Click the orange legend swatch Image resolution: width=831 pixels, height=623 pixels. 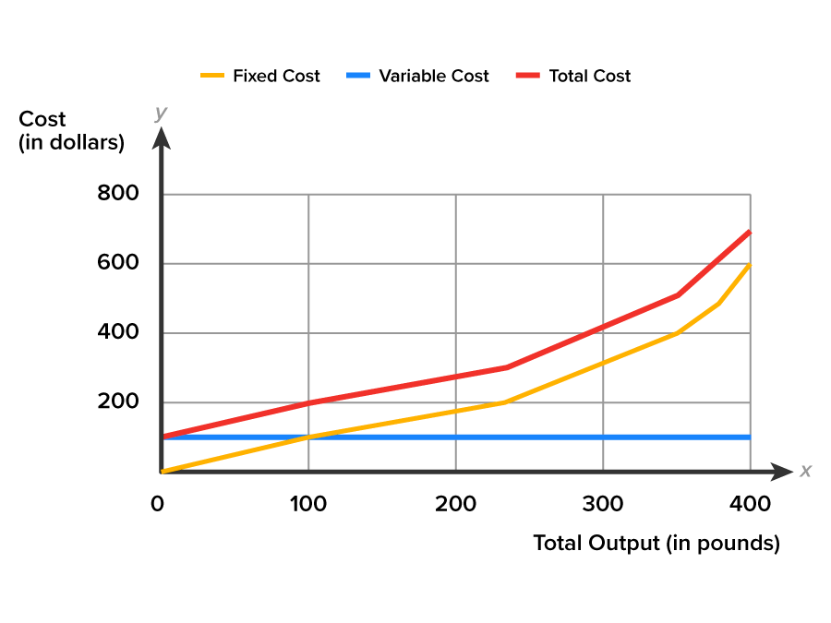[x=212, y=75]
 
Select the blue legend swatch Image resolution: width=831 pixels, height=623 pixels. [x=358, y=75]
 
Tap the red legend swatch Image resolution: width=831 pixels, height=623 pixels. [x=527, y=75]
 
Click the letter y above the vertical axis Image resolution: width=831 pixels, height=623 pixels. [x=161, y=113]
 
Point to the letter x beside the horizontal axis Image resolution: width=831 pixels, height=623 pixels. [x=805, y=471]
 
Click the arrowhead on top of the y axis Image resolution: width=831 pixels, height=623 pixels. [x=162, y=138]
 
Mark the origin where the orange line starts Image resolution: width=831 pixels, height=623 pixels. [x=163, y=472]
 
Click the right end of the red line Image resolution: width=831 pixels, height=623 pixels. [x=750, y=231]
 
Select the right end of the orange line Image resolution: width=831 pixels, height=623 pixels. [x=750, y=265]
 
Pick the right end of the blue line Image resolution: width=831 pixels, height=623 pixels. [x=750, y=437]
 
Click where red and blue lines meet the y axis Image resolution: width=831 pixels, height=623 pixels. [x=163, y=437]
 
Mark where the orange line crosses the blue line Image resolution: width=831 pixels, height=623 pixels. [x=308, y=437]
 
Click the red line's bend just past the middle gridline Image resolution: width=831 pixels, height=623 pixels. [x=506, y=367]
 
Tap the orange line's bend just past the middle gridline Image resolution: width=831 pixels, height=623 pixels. [x=501, y=402]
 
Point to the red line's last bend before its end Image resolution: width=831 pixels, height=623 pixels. [x=678, y=295]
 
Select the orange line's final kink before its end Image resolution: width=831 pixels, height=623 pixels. [x=718, y=303]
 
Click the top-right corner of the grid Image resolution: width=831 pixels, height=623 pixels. [x=750, y=194]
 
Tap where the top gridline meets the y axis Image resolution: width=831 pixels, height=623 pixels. [x=163, y=194]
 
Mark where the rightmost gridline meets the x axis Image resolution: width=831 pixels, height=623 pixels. [x=750, y=472]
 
